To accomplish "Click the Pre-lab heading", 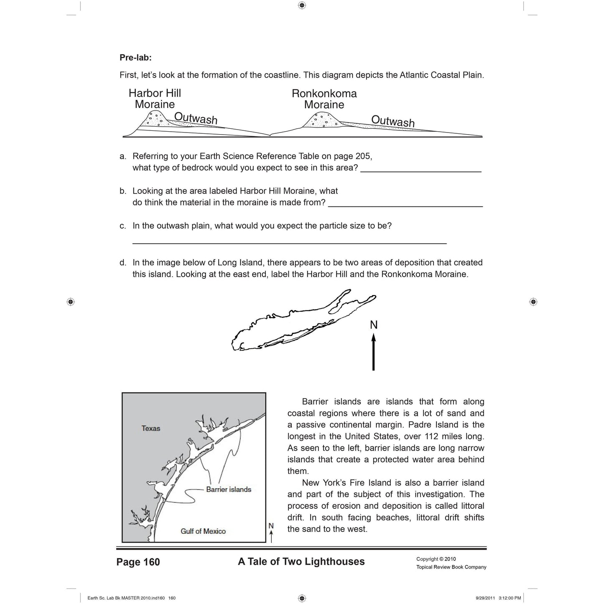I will (x=135, y=58).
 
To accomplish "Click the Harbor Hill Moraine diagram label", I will (x=155, y=99).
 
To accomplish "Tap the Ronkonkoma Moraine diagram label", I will (x=324, y=99).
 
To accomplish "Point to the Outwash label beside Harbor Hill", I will (x=196, y=118).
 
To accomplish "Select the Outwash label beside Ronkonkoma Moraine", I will (x=393, y=121).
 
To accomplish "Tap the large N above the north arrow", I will (x=374, y=325).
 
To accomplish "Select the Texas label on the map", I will (x=151, y=428).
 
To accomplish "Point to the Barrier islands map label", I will (x=229, y=489).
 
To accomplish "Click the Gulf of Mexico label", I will (x=203, y=531).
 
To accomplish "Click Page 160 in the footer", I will (x=138, y=562).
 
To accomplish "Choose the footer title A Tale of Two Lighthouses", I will (x=301, y=562).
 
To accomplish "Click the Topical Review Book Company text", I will (x=451, y=567).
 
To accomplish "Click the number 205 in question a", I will (x=363, y=156).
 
